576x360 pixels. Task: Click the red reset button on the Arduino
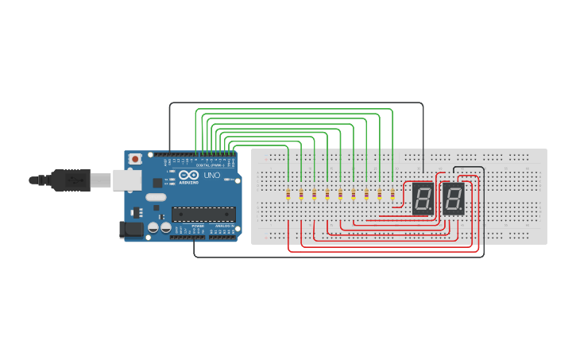point(135,159)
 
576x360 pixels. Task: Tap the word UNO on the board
point(212,175)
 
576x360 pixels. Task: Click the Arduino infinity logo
point(188,175)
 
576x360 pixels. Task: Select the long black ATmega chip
point(204,214)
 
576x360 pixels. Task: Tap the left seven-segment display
point(423,198)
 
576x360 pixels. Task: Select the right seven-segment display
point(454,198)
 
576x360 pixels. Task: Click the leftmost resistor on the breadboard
point(288,194)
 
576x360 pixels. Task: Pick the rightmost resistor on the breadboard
point(392,194)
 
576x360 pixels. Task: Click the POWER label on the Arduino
point(198,226)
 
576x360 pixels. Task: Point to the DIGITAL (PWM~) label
point(208,165)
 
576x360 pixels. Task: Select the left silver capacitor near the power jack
point(153,228)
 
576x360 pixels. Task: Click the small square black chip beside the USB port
point(135,212)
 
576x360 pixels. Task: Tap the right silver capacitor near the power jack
point(165,228)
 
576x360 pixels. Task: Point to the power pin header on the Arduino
point(195,232)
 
